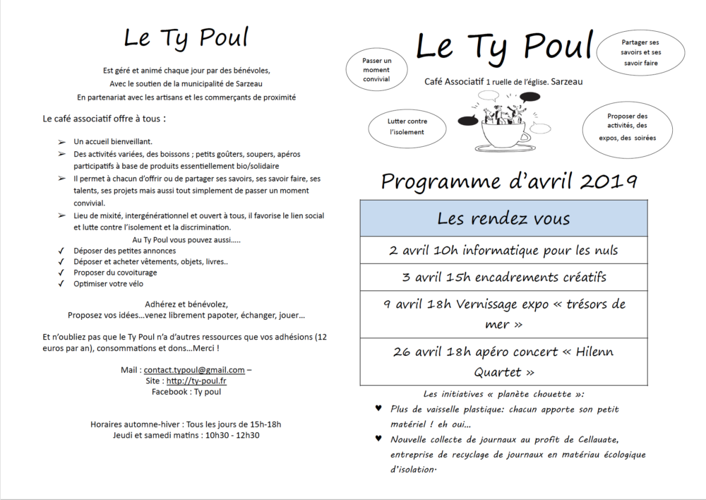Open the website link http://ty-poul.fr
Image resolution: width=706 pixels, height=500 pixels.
point(196,381)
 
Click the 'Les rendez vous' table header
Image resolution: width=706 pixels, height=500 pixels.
point(503,218)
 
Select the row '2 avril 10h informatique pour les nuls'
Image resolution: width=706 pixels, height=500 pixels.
point(503,251)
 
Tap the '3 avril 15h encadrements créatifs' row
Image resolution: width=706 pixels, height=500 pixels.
point(503,277)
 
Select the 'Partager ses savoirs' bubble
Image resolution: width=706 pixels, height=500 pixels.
point(641,53)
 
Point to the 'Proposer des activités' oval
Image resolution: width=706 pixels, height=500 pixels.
point(627,127)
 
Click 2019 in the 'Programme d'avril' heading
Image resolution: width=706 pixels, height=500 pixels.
point(609,181)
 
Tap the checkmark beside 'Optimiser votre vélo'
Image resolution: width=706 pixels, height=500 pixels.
point(61,284)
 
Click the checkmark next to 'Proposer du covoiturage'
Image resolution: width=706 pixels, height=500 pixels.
point(61,273)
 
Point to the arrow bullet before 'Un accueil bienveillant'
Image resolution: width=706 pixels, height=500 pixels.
point(61,142)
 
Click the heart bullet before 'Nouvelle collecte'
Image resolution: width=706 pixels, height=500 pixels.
point(379,439)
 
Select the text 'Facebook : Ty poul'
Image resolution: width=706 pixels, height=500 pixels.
point(186,391)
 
